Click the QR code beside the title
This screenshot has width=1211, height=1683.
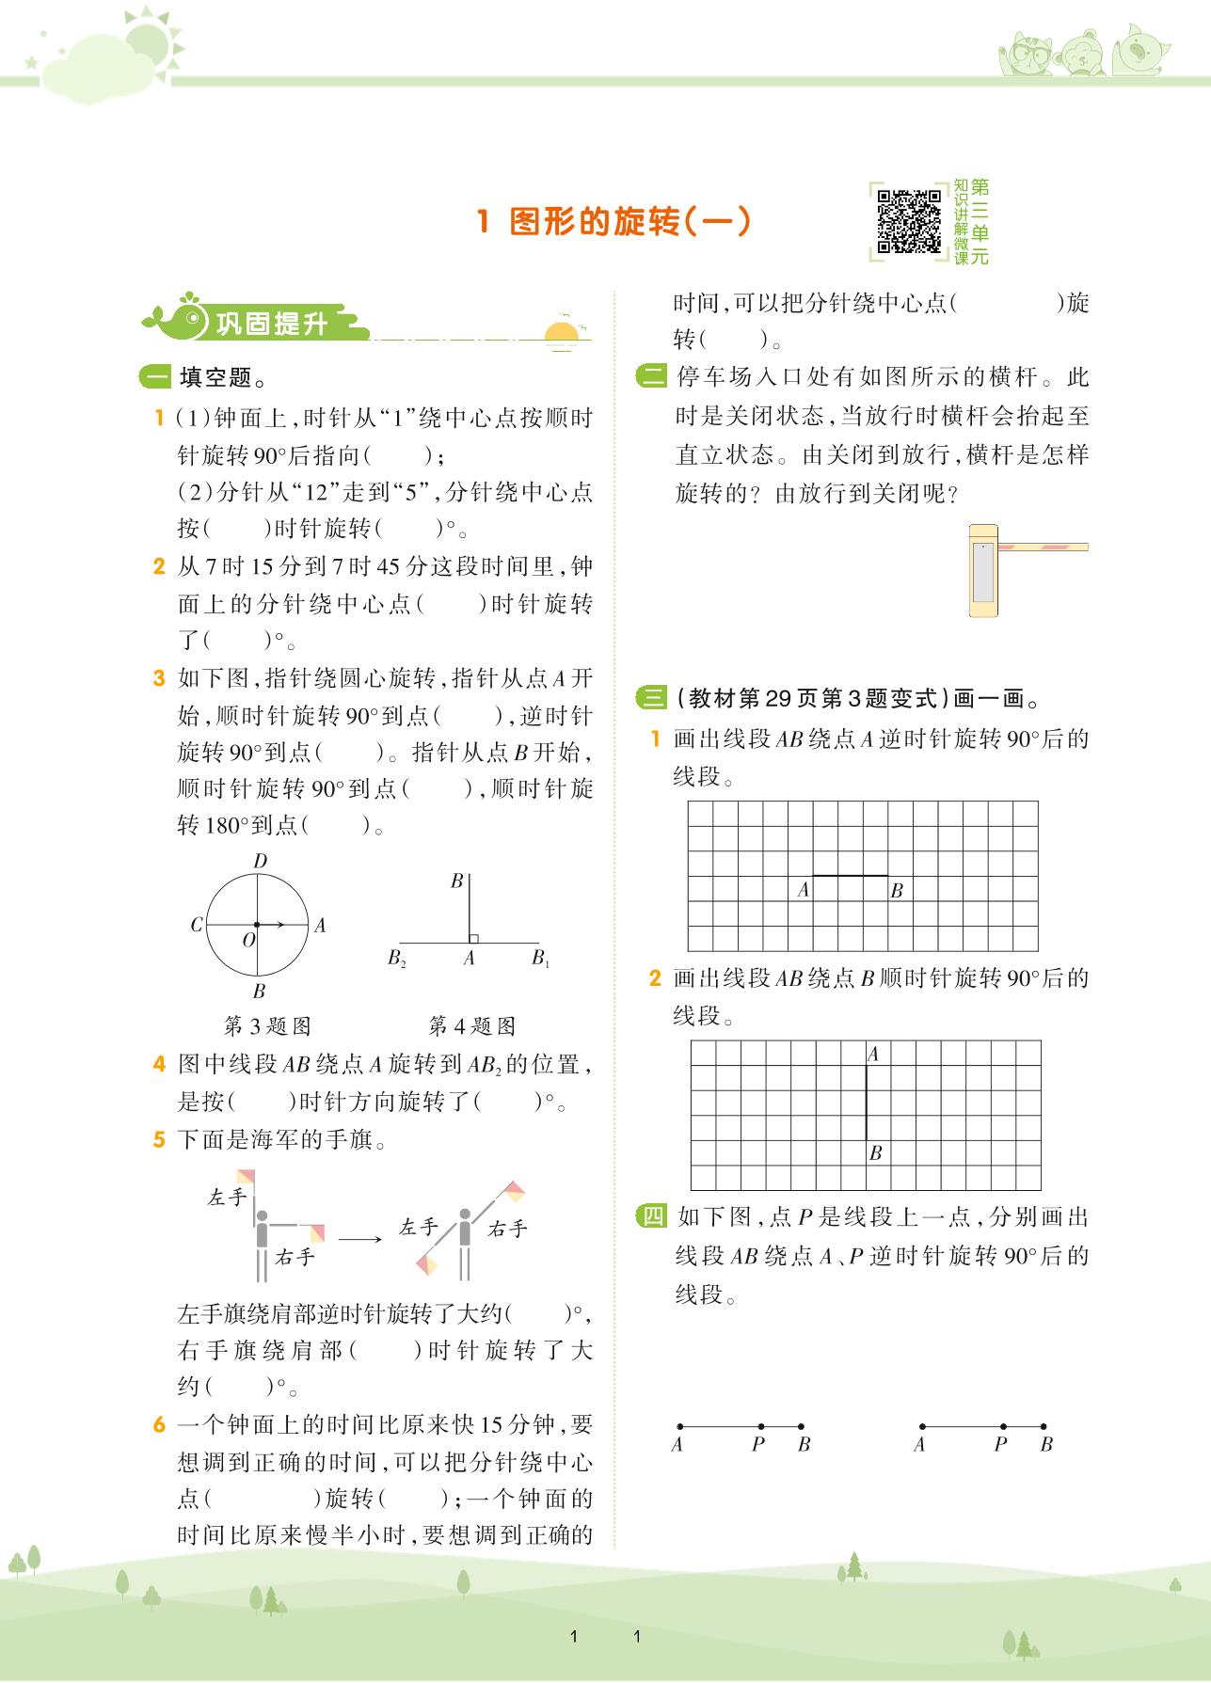[908, 221]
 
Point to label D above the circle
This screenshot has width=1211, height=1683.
[260, 861]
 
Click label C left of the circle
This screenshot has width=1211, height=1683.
[197, 925]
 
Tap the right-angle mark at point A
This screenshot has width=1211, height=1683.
[473, 938]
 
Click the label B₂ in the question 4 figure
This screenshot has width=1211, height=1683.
[396, 959]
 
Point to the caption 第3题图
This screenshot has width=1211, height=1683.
[267, 1024]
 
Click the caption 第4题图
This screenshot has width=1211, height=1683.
[471, 1024]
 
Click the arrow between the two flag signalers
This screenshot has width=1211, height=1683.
[360, 1238]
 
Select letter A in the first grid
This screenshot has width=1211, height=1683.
[803, 889]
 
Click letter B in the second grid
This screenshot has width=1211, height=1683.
[875, 1152]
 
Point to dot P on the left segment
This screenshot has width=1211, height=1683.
[760, 1426]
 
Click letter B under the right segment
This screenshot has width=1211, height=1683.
[1046, 1444]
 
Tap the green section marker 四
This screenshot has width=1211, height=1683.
[650, 1216]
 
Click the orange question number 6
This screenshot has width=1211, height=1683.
[160, 1424]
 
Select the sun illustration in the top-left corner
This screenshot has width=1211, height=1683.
[151, 42]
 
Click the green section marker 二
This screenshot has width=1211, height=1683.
[650, 377]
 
